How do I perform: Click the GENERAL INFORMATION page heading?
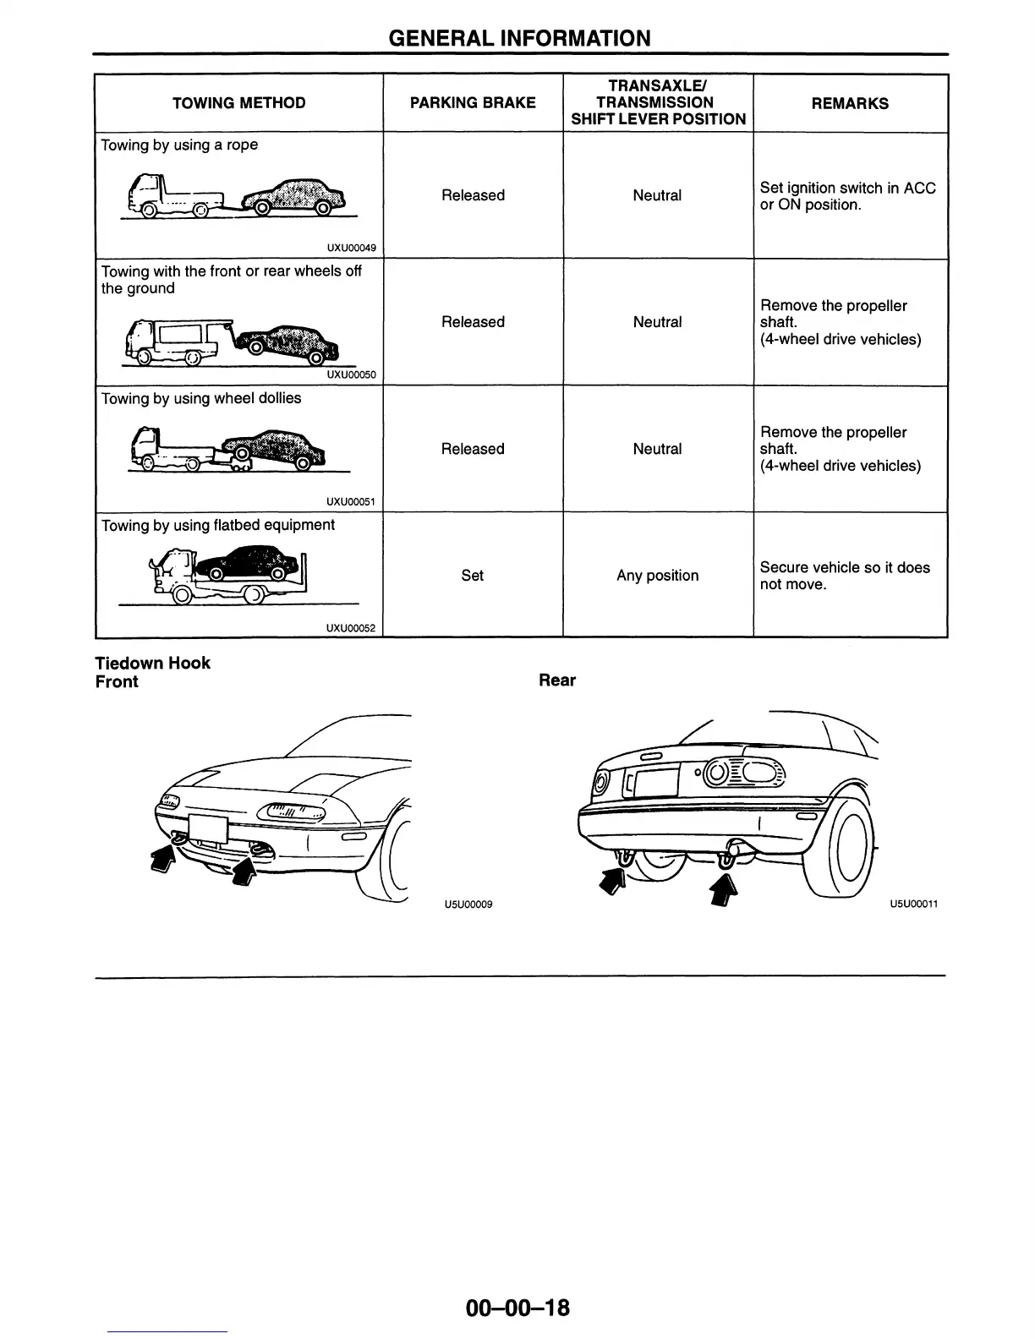click(519, 38)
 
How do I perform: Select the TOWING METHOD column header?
click(238, 103)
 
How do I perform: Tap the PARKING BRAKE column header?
click(473, 103)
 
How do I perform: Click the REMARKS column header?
click(850, 103)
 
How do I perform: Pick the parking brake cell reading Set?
click(473, 576)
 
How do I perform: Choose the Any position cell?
click(657, 576)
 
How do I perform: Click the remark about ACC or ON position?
click(847, 196)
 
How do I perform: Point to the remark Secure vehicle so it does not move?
click(844, 576)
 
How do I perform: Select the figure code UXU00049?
click(351, 249)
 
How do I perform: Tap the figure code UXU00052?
click(351, 628)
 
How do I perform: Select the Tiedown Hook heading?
click(152, 663)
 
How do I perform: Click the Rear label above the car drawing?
click(556, 680)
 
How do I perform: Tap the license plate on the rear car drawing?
click(651, 780)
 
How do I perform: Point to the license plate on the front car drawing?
click(208, 829)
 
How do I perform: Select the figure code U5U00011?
click(913, 904)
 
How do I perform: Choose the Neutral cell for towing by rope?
click(657, 196)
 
